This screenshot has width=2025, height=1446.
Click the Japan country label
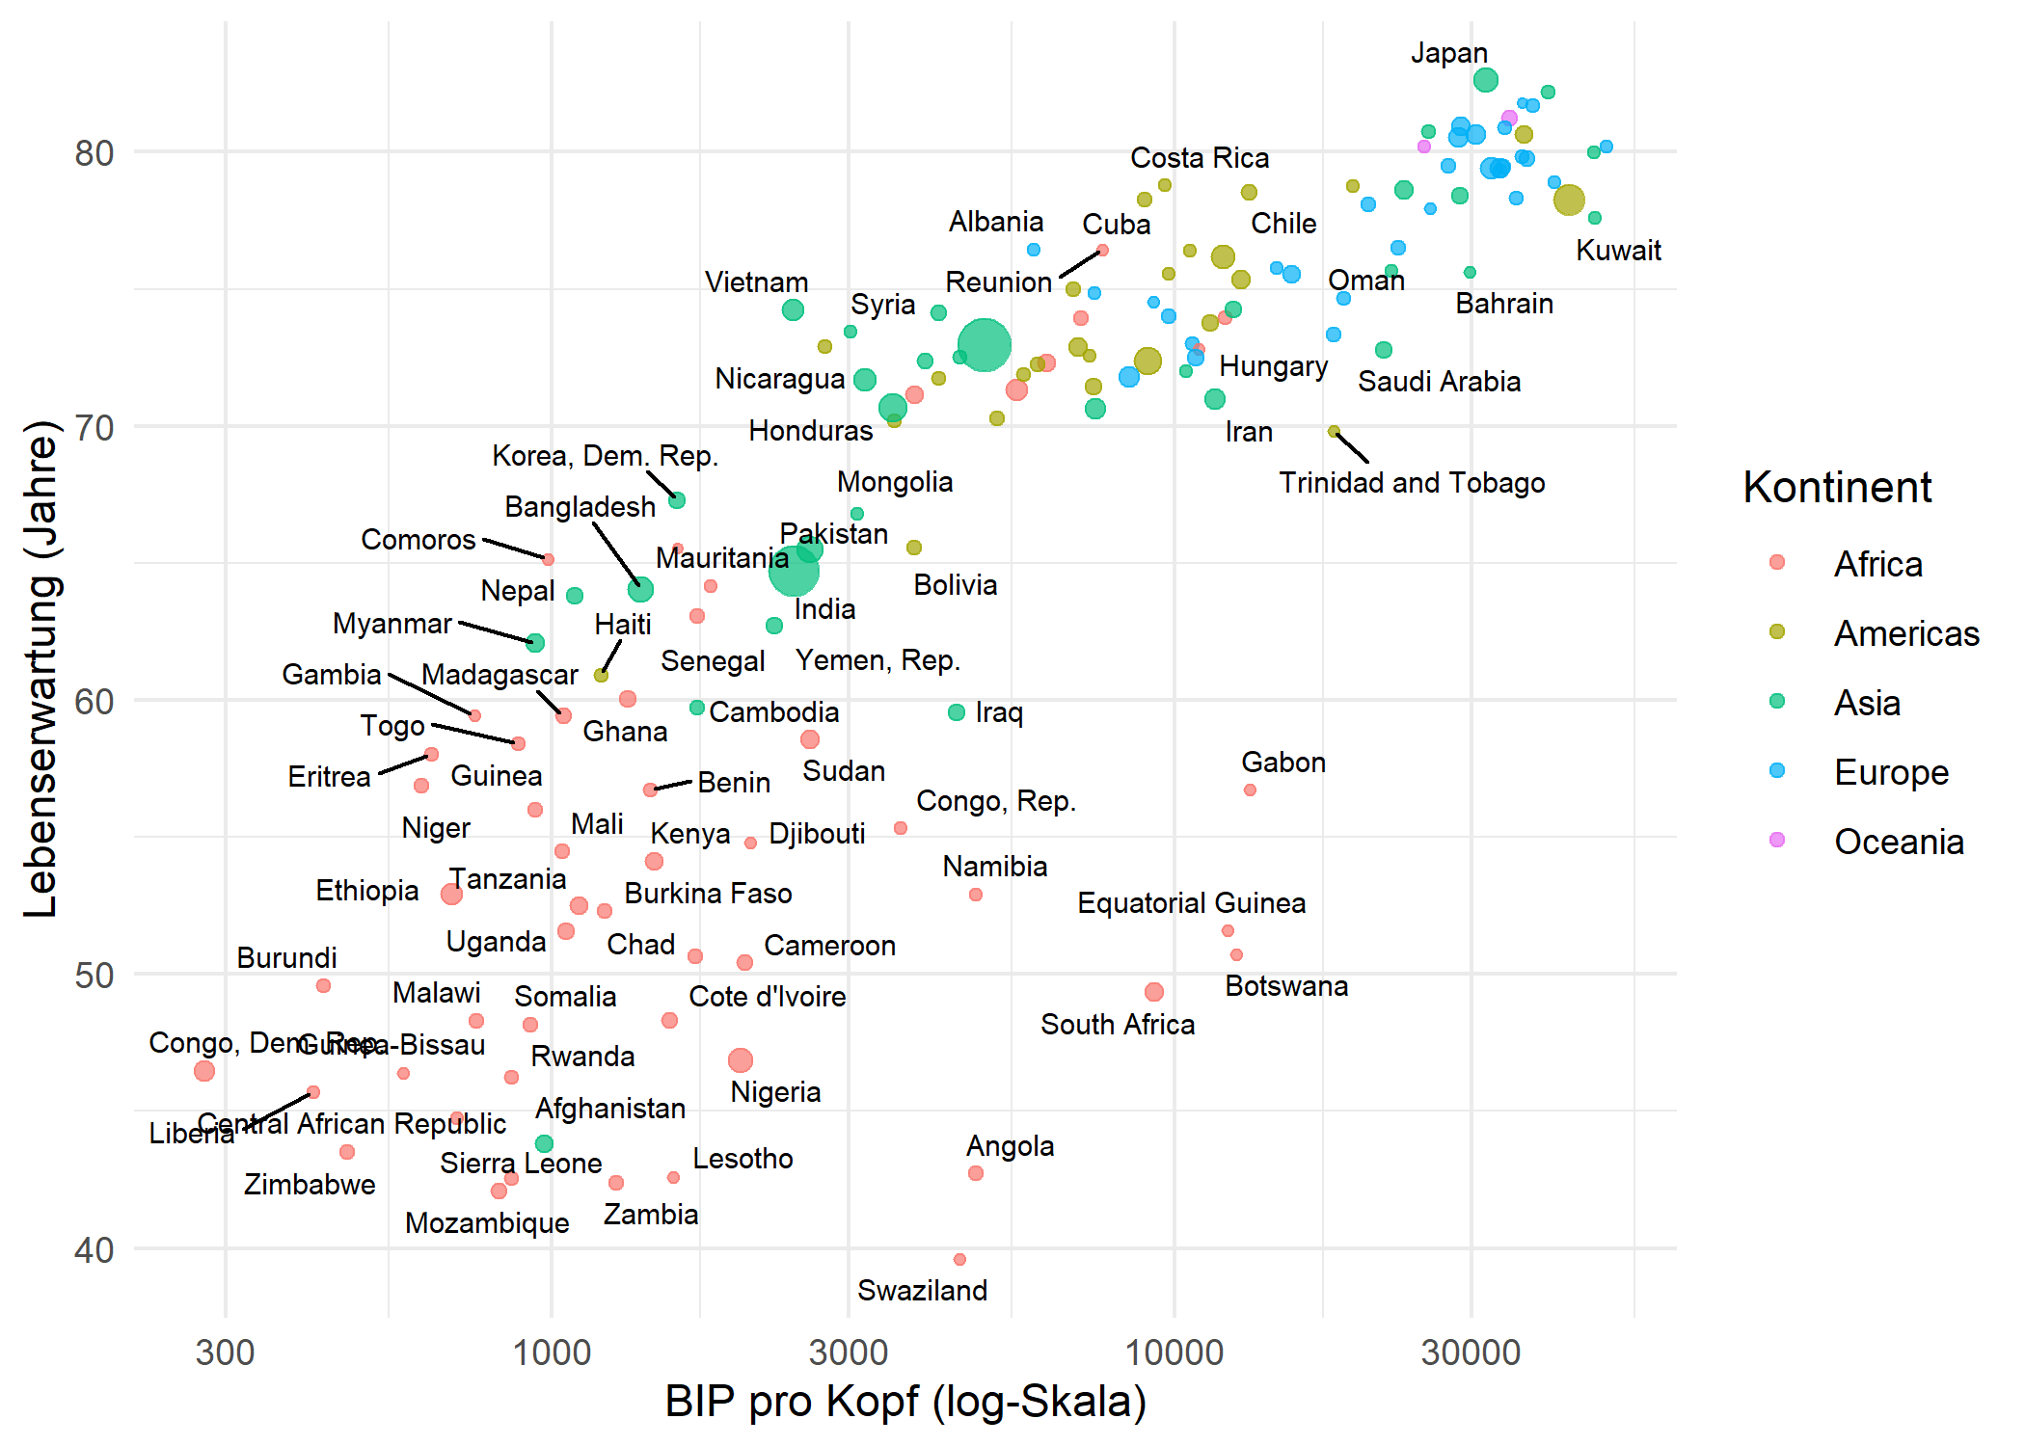click(1448, 53)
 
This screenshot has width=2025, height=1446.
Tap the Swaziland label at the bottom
click(922, 1290)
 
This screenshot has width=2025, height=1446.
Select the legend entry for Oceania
click(1898, 842)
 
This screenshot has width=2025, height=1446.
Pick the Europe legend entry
click(1890, 772)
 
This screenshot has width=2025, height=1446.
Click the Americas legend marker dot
click(1777, 632)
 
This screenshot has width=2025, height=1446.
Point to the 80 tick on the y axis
click(94, 153)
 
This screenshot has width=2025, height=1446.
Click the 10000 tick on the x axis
click(1174, 1352)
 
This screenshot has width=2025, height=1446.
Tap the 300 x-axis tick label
click(225, 1352)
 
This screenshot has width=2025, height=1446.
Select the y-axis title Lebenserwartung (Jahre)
click(40, 669)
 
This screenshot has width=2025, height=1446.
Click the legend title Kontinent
click(1836, 487)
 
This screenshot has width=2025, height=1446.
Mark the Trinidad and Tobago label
click(1411, 482)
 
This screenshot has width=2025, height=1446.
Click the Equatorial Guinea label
click(1191, 903)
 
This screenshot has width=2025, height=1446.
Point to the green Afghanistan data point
click(544, 1143)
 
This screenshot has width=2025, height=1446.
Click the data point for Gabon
click(1250, 790)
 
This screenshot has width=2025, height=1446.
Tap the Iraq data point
click(957, 712)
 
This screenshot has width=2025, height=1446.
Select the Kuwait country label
click(1618, 251)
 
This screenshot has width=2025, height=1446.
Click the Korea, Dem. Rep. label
click(605, 456)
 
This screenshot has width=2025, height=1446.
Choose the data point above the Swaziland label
click(959, 1259)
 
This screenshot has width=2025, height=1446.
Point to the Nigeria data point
click(740, 1060)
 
